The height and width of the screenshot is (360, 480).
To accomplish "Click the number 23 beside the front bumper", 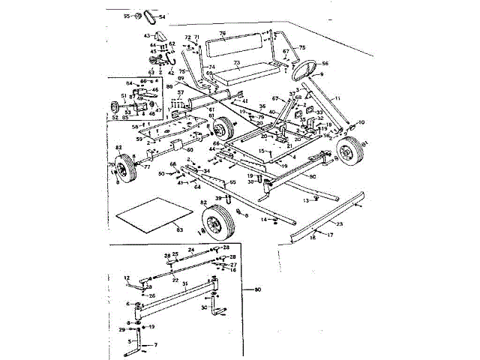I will click(339, 223).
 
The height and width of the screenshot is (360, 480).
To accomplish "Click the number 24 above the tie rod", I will click(190, 249).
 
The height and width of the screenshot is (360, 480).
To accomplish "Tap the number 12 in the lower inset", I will click(127, 277).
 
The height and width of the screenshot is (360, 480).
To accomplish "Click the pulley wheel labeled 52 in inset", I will click(117, 106).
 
